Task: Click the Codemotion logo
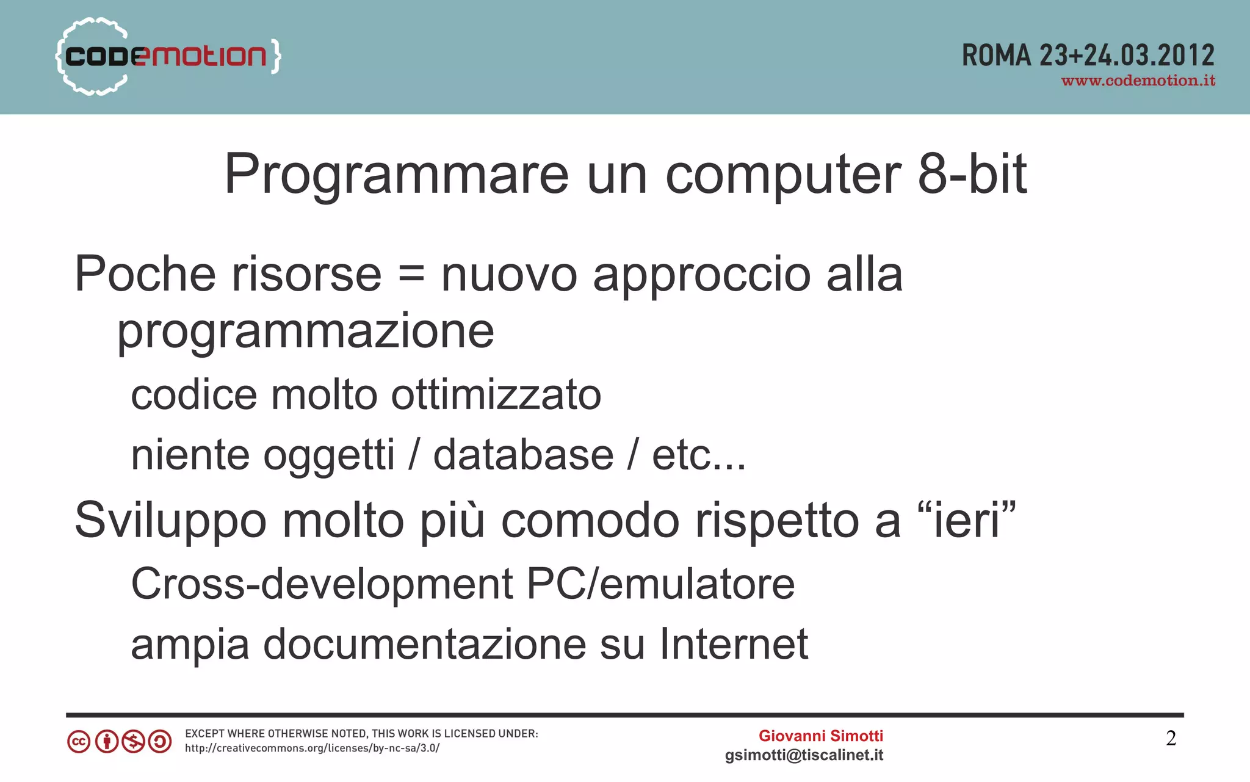click(168, 56)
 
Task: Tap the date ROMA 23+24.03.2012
click(1088, 56)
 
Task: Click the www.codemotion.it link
click(1138, 81)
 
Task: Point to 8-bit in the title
click(972, 175)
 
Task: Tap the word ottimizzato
click(496, 395)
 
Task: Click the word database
click(523, 455)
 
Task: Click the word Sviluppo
click(171, 521)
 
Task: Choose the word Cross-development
click(322, 584)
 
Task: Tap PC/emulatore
click(660, 584)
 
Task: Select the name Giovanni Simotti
click(820, 736)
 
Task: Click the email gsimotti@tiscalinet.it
click(804, 755)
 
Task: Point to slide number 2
click(1171, 739)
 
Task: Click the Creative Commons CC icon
click(79, 742)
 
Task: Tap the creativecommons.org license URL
click(312, 748)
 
